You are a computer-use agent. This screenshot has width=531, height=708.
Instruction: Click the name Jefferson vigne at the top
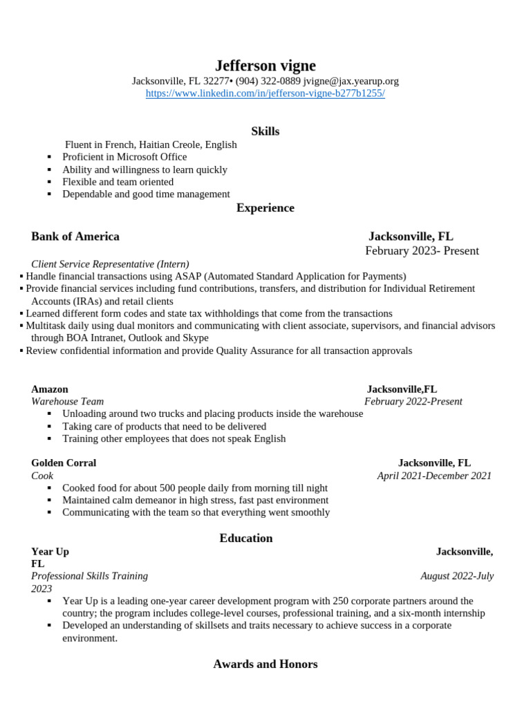point(265,66)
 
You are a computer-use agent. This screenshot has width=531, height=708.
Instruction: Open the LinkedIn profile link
point(265,93)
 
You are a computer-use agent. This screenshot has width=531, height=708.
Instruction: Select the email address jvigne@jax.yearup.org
point(351,81)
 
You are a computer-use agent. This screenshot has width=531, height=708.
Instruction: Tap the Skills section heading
point(265,131)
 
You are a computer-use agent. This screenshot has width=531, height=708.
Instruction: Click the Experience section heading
point(265,208)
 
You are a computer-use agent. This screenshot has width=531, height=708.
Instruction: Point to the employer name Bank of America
point(75,236)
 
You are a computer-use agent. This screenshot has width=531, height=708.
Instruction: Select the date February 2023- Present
point(422,251)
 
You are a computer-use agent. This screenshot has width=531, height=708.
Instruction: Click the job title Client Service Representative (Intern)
point(110,264)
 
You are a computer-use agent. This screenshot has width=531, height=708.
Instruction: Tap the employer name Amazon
point(50,389)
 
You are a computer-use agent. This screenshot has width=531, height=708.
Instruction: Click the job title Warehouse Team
point(67,402)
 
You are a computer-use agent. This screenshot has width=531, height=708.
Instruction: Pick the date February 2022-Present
point(413,402)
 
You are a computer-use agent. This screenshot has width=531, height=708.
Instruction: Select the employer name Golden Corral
point(64,463)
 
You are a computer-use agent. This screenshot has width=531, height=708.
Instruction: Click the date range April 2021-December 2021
point(434,476)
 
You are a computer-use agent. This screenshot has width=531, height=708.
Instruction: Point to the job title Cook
point(42,476)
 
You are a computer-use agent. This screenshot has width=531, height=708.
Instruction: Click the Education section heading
point(246,539)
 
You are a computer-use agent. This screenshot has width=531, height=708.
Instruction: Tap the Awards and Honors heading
point(265,664)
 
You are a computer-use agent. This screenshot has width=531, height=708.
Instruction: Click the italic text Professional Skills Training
point(89,576)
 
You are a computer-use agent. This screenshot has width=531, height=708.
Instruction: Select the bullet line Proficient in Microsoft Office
point(124,157)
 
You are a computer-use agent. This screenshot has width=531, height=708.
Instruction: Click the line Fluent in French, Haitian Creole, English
point(151,145)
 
